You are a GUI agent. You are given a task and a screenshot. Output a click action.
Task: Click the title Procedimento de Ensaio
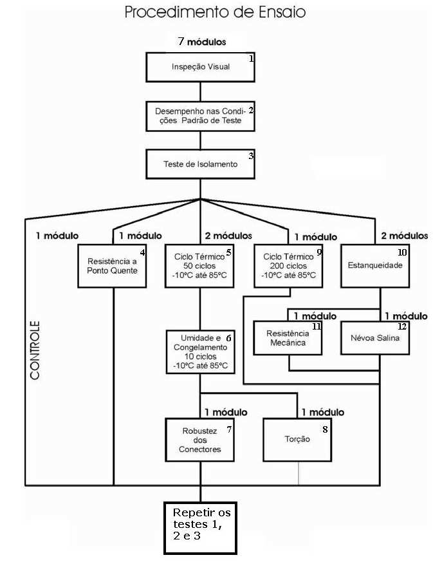pyautogui.click(x=215, y=12)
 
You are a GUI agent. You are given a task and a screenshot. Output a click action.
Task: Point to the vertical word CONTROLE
pyautogui.click(x=35, y=350)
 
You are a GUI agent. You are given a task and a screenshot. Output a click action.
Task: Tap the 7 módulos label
pyautogui.click(x=202, y=42)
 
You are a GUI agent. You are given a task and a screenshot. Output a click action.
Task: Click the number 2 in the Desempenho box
pyautogui.click(x=251, y=110)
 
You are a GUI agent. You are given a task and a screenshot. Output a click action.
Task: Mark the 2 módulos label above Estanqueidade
pyautogui.click(x=405, y=236)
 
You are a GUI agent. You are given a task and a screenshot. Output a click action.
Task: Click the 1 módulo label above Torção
pyautogui.click(x=323, y=412)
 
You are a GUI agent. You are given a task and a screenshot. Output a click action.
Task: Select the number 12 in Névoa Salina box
pyautogui.click(x=402, y=326)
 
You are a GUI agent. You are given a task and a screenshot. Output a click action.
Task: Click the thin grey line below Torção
pyautogui.click(x=299, y=473)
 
